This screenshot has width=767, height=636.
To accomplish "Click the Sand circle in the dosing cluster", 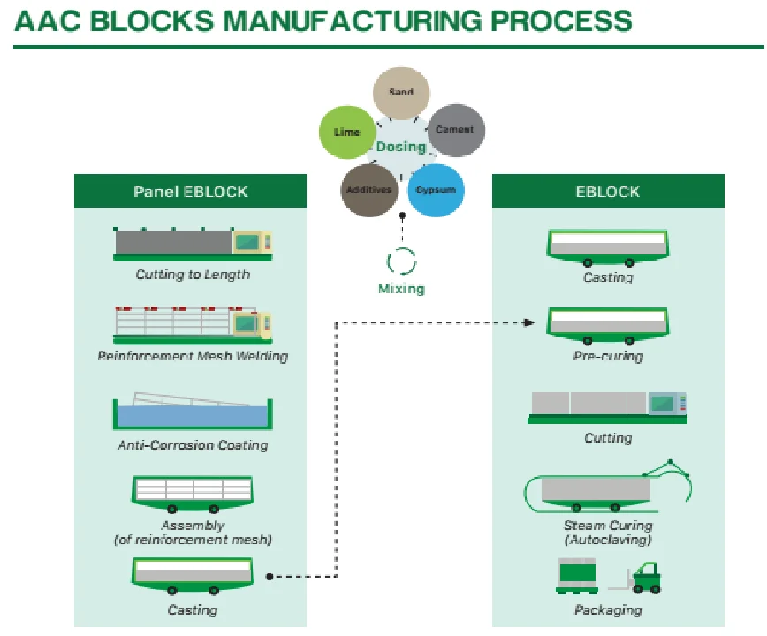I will [x=401, y=93].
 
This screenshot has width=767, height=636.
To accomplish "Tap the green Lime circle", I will [x=346, y=132].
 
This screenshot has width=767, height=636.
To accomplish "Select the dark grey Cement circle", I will [x=456, y=130].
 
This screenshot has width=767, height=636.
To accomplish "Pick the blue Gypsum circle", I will [x=436, y=190].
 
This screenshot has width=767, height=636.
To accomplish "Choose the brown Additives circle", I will [x=368, y=190].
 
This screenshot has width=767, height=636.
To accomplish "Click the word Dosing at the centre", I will [x=401, y=147].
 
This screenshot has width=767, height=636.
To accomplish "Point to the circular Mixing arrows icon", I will [x=402, y=261].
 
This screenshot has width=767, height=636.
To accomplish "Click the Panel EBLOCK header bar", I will [x=190, y=191].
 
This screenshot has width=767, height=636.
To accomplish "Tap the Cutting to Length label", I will [x=193, y=275].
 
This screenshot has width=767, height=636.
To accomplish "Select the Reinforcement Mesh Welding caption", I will [x=193, y=356].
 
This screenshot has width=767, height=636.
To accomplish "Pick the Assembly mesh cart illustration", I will [x=193, y=491].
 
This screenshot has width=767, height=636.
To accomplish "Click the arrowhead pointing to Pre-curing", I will [x=529, y=322].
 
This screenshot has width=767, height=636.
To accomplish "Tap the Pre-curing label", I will [x=608, y=356].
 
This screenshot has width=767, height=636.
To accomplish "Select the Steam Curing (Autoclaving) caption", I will [x=608, y=532].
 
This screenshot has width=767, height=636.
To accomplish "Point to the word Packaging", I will [x=608, y=609].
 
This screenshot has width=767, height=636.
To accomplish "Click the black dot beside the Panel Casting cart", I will [x=269, y=577].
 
